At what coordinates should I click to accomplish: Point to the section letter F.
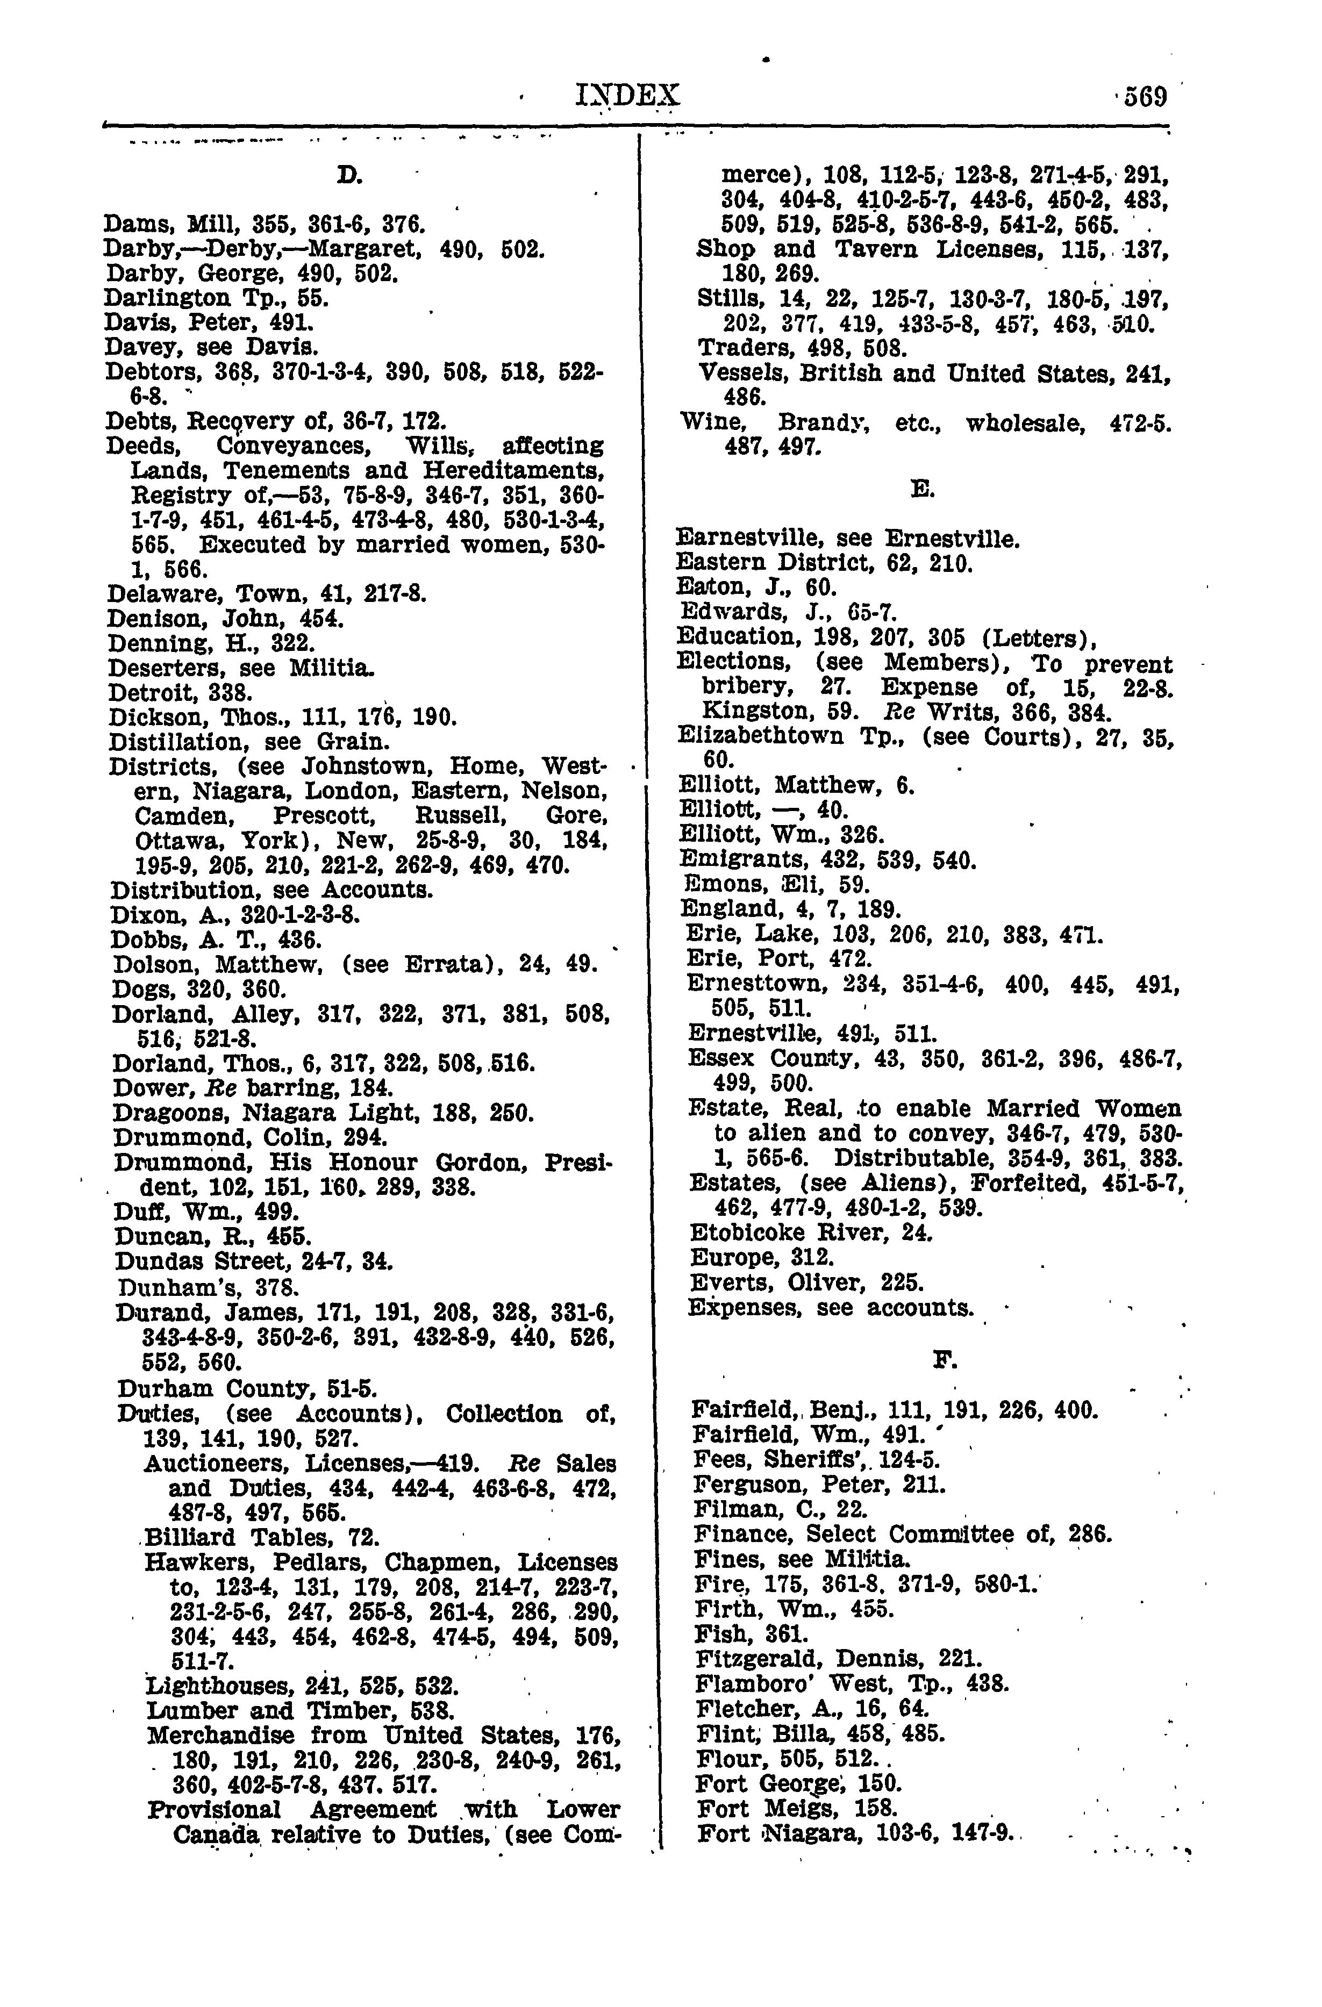pos(943,1359)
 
